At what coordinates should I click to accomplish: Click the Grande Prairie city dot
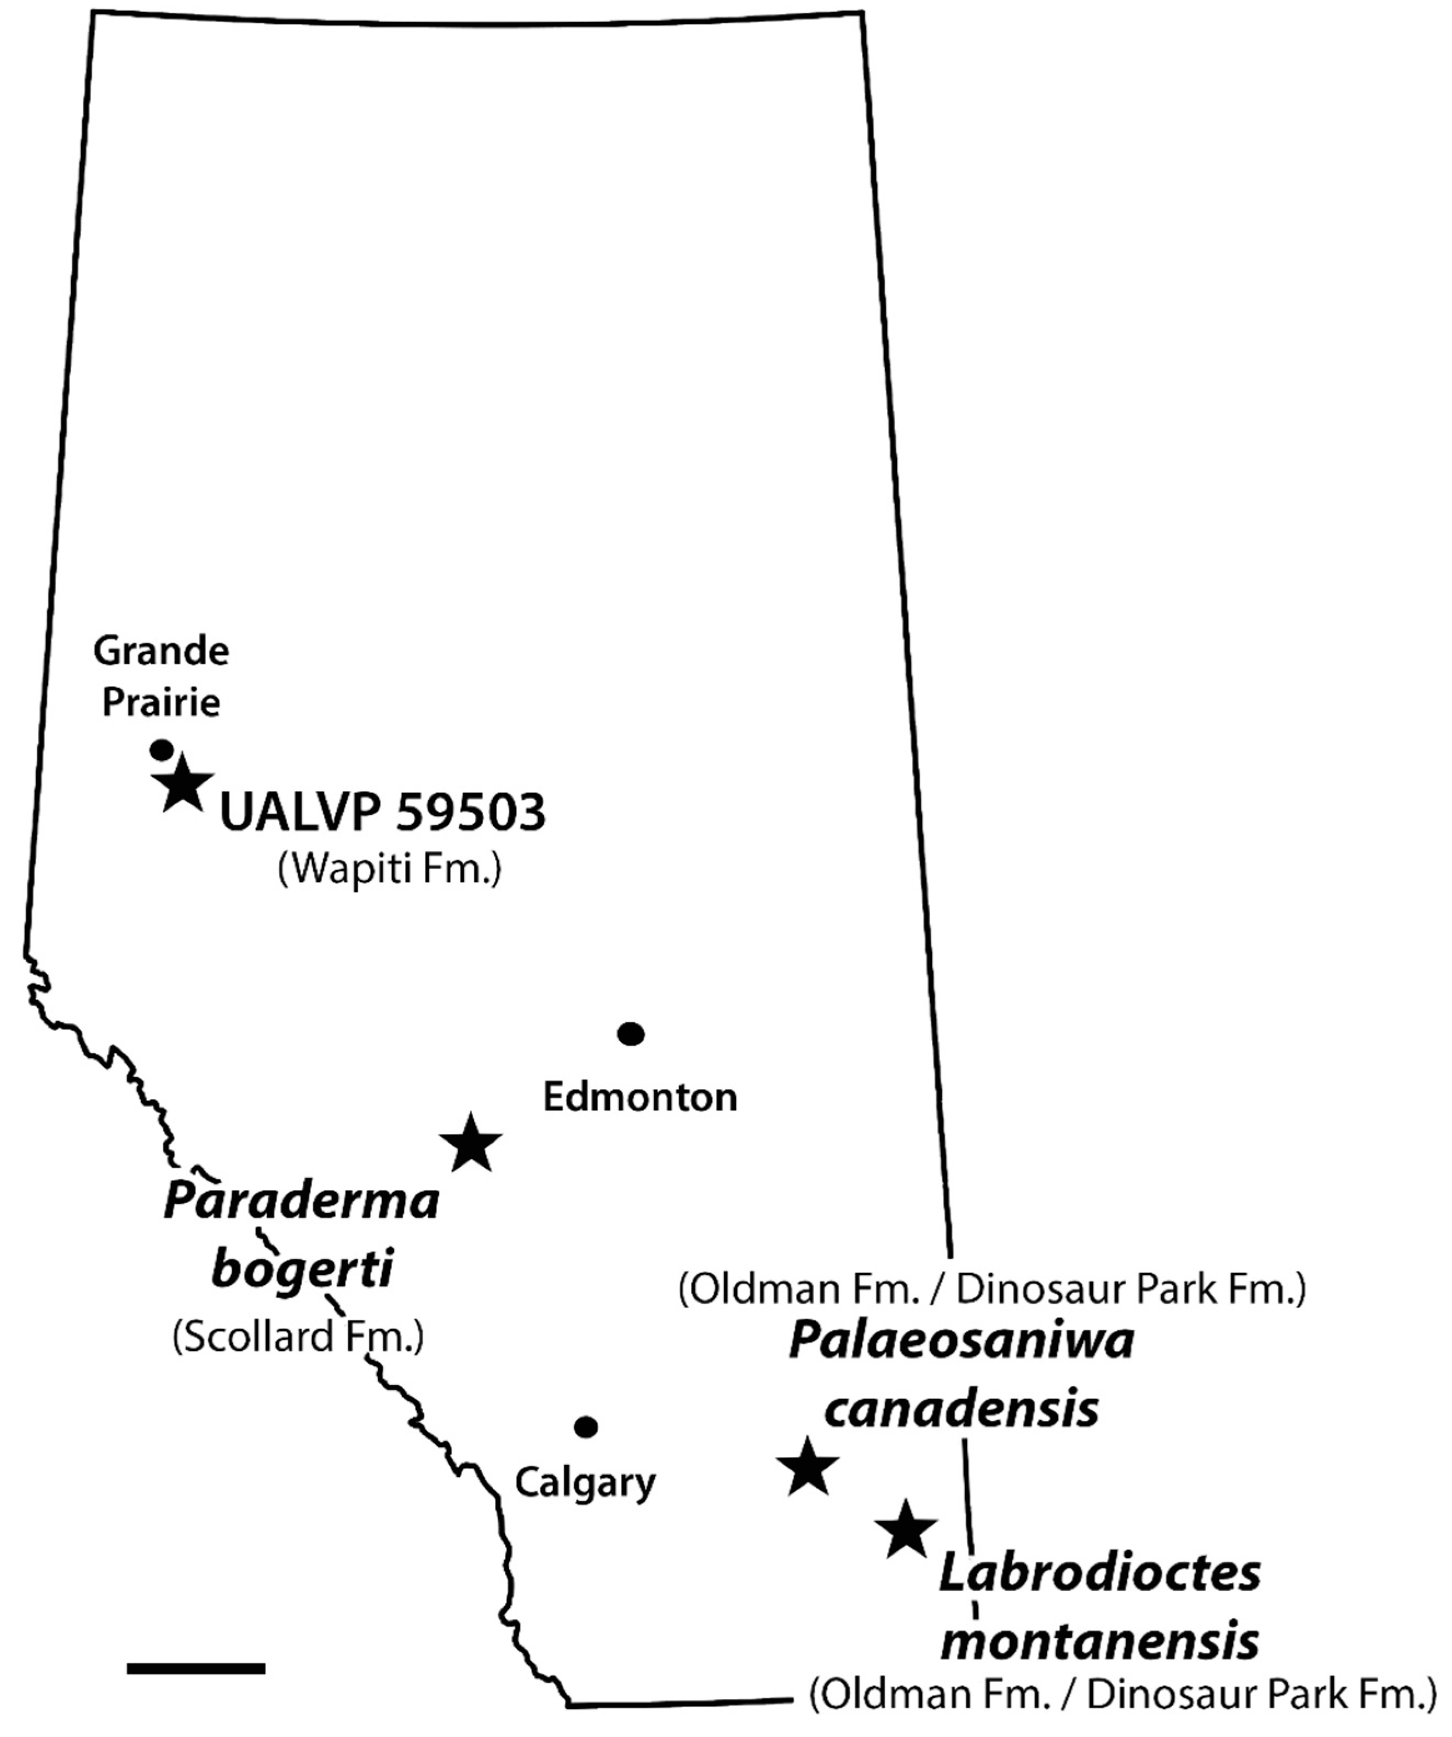[161, 749]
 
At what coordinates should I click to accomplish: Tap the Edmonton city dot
[631, 1034]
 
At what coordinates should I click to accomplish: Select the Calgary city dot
[585, 1427]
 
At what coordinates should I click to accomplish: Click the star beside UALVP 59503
[183, 782]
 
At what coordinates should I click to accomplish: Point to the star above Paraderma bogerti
[470, 1144]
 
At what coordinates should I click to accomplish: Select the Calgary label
[585, 1482]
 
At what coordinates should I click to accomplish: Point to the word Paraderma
[301, 1201]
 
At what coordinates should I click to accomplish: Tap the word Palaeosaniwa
[961, 1341]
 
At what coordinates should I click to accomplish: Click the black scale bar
[196, 1669]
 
